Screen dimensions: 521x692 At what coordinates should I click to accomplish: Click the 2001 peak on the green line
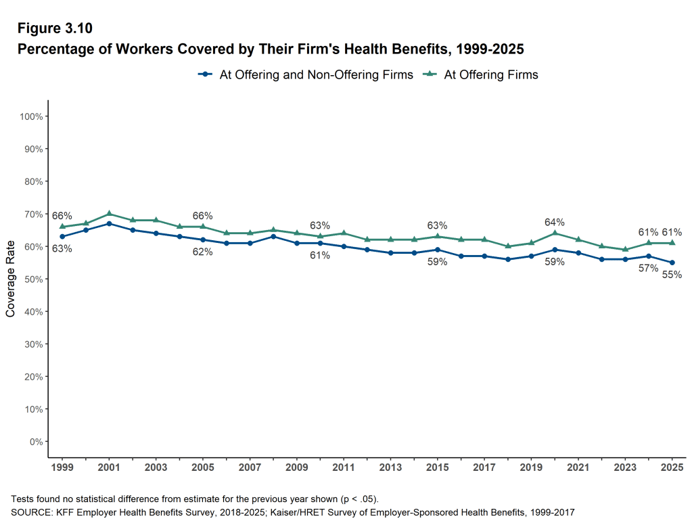(x=110, y=214)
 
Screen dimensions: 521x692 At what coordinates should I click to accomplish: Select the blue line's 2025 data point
(x=672, y=263)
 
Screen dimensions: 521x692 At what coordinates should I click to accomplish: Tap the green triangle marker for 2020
(x=555, y=233)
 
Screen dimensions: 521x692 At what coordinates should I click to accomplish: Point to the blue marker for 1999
(x=62, y=237)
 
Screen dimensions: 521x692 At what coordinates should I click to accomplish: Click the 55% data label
(x=672, y=275)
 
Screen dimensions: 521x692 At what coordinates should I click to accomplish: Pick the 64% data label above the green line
(x=555, y=222)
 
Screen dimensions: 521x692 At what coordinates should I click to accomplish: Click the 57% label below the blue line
(x=648, y=268)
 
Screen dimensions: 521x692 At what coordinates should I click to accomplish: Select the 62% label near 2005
(x=202, y=252)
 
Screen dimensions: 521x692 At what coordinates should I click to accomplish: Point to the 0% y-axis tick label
(x=36, y=442)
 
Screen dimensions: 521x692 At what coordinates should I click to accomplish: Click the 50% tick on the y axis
(x=34, y=279)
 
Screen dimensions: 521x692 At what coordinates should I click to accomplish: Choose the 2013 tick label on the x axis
(x=391, y=468)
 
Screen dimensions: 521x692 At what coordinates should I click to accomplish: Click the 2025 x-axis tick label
(x=672, y=468)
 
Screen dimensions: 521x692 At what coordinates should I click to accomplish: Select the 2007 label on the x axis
(x=250, y=468)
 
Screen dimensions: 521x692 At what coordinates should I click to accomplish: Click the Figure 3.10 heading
(x=55, y=28)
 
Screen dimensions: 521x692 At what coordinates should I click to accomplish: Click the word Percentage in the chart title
(x=53, y=49)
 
